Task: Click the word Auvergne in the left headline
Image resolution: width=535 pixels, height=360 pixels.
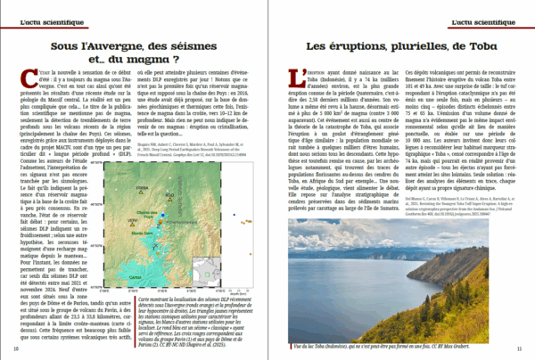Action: pyautogui.click(x=116, y=44)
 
